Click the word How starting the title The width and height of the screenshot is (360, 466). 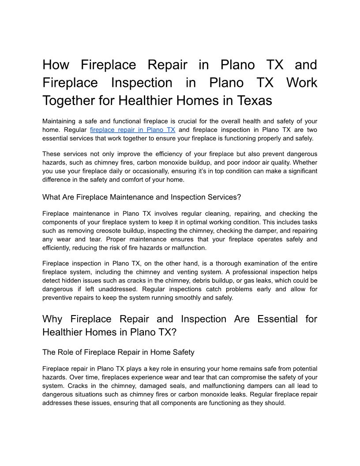tap(56, 65)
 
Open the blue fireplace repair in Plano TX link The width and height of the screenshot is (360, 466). tap(132, 130)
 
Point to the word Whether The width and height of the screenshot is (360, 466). tap(304, 162)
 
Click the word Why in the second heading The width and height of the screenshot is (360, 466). tap(53, 319)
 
